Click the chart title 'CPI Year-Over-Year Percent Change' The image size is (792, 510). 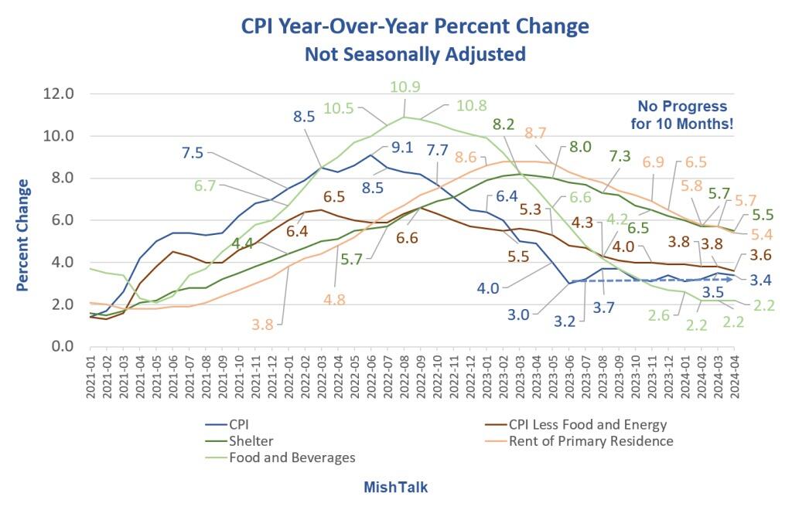(415, 27)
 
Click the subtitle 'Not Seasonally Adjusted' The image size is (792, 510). (415, 54)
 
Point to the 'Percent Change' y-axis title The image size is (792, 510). (23, 235)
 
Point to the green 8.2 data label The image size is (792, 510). (504, 124)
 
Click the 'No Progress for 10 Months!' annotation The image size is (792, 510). (681, 114)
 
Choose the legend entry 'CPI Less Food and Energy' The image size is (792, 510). (587, 424)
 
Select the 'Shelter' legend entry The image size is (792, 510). (251, 441)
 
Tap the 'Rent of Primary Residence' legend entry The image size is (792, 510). (591, 441)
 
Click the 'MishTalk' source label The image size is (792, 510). (395, 488)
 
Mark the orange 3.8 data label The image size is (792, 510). (263, 325)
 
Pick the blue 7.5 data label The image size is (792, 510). (192, 153)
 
